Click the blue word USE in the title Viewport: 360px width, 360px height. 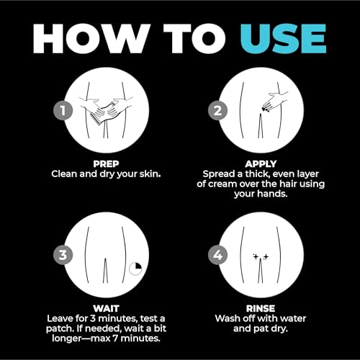tap(284, 39)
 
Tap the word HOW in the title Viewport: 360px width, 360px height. tap(91, 39)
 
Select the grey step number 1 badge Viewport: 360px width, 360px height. tap(63, 111)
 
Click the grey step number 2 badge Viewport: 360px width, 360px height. tap(217, 111)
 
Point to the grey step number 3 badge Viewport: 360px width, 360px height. tap(63, 255)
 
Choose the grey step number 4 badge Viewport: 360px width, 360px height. tap(217, 255)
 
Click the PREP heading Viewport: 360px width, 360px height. tap(106, 164)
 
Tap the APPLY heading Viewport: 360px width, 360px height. tap(261, 164)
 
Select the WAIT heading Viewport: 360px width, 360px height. tap(106, 309)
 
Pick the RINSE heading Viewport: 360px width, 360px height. tap(261, 309)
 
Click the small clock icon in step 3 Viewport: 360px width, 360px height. tap(135, 269)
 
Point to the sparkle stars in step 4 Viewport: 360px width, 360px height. tap(261, 257)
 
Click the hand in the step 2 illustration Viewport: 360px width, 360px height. tap(276, 102)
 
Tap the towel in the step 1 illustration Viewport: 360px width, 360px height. tap(102, 113)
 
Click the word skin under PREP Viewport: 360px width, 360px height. tap(150, 174)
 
